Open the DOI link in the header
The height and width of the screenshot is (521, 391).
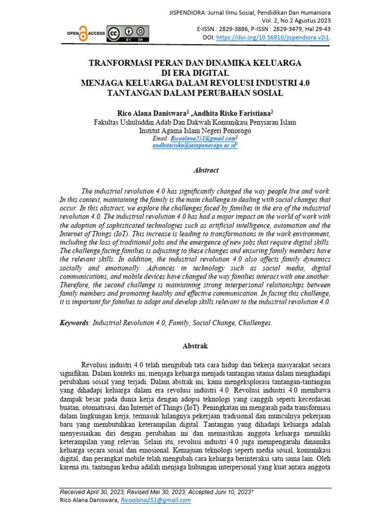pyautogui.click(x=273, y=37)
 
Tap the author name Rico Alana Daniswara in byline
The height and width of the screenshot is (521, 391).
pyautogui.click(x=151, y=113)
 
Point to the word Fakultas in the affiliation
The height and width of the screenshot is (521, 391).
pyautogui.click(x=109, y=122)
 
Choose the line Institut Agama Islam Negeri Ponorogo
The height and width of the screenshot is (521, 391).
pyautogui.click(x=195, y=130)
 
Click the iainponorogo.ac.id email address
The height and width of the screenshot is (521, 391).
pyautogui.click(x=194, y=146)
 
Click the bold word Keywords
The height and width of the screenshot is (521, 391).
pyautogui.click(x=74, y=323)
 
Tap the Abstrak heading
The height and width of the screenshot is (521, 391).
pyautogui.click(x=195, y=346)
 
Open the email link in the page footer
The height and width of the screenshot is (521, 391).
pyautogui.click(x=155, y=501)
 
